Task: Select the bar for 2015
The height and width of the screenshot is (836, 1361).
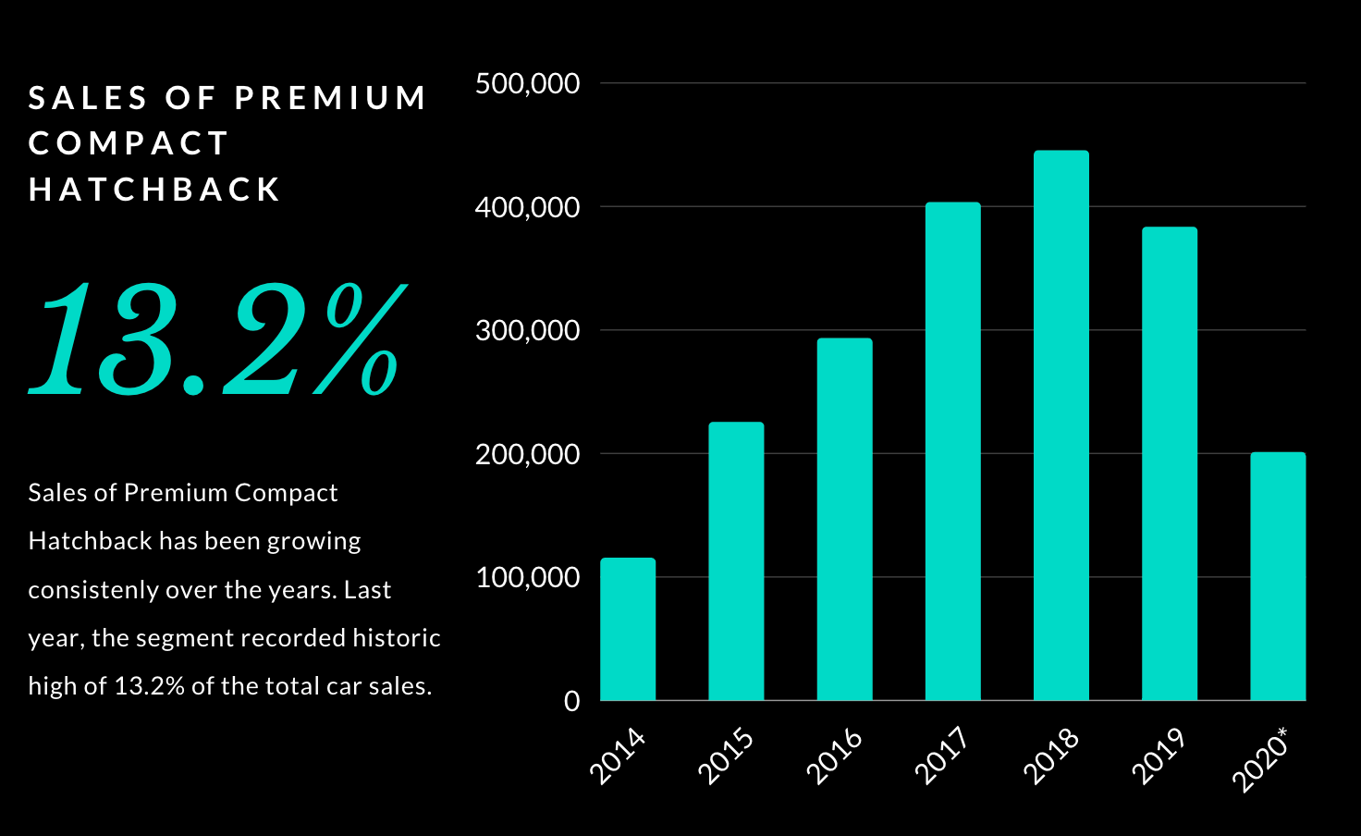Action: pyautogui.click(x=736, y=561)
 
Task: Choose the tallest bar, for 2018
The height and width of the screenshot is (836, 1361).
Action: pyautogui.click(x=1061, y=425)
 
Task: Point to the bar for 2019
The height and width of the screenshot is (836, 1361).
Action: pyautogui.click(x=1169, y=463)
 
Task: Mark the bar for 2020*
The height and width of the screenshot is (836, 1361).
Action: pyautogui.click(x=1278, y=576)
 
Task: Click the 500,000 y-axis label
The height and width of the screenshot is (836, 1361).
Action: pyautogui.click(x=527, y=83)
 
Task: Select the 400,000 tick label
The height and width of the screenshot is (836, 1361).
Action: pyautogui.click(x=527, y=207)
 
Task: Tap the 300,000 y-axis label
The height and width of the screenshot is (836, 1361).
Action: pyautogui.click(x=527, y=330)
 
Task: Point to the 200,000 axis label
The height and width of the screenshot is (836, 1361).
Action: pyautogui.click(x=527, y=454)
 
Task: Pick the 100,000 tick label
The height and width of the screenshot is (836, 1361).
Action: pyautogui.click(x=527, y=577)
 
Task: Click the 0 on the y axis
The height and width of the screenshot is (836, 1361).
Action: pyautogui.click(x=571, y=701)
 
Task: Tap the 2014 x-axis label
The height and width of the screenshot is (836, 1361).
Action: pyautogui.click(x=618, y=756)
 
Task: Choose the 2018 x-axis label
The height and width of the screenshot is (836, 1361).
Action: pyautogui.click(x=1051, y=756)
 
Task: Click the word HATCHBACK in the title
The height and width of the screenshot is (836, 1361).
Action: pyautogui.click(x=154, y=190)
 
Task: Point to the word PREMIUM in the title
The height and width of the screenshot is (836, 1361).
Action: pyautogui.click(x=330, y=98)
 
